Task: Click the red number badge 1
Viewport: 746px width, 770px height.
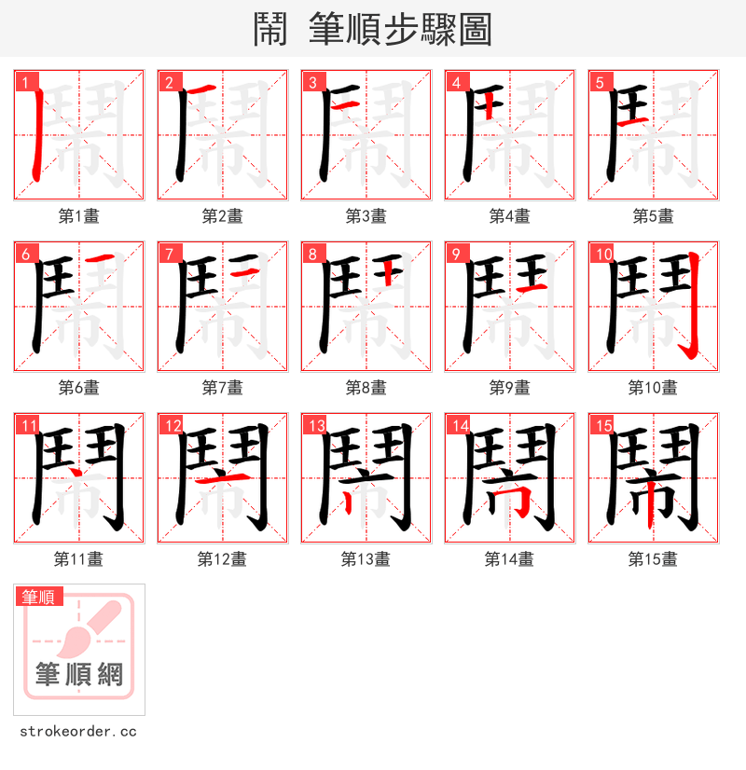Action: [x=23, y=82]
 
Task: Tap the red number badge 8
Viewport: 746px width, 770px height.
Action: [x=311, y=254]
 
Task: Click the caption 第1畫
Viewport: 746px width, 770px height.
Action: [x=78, y=216]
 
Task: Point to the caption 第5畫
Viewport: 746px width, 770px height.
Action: [x=653, y=216]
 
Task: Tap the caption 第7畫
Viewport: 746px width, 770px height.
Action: [x=222, y=388]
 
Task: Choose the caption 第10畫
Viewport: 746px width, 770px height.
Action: [x=653, y=388]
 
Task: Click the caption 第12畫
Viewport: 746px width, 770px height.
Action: [x=222, y=559]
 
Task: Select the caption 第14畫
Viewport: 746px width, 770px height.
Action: [x=509, y=559]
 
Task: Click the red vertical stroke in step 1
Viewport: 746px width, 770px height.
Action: [x=36, y=140]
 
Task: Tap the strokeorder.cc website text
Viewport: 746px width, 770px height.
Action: [x=78, y=732]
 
